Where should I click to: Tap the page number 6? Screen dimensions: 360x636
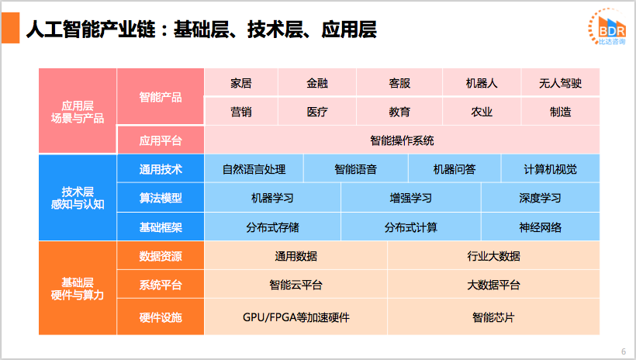coord(624,351)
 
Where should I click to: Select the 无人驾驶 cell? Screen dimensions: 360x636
coord(560,83)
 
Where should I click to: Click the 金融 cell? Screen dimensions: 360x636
coord(317,83)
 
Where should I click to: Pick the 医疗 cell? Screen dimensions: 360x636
coord(317,112)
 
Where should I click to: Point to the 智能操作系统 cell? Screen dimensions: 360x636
coord(402,140)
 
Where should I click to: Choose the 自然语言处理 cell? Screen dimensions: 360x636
coord(254,169)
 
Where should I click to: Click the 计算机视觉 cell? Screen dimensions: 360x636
coord(550,169)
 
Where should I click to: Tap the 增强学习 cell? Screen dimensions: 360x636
coord(410,198)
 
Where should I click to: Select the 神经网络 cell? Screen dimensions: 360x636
coord(540,227)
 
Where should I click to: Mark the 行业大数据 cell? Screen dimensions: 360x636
coord(493,256)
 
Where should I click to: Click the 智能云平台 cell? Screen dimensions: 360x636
coord(296,285)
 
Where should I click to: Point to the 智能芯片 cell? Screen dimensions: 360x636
coord(493,317)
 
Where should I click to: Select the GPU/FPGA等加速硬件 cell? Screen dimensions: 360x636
coord(296,317)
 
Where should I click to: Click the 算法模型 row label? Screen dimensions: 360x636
coord(161,198)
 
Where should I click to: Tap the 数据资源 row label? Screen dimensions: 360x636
coord(161,256)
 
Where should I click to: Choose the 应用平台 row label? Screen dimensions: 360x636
coord(161,140)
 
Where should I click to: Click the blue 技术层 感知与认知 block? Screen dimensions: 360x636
coord(78,198)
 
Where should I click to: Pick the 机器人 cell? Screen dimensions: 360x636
coord(482,83)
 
